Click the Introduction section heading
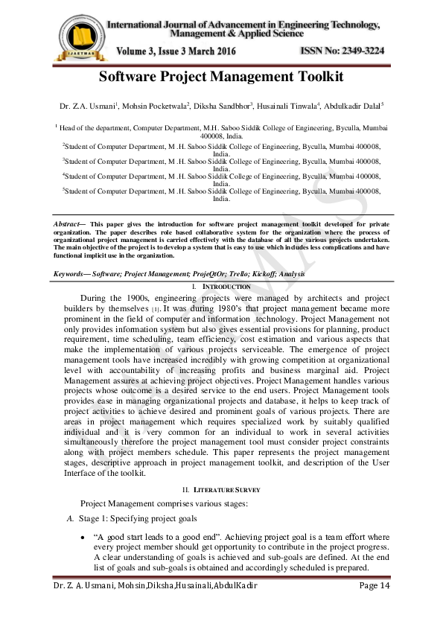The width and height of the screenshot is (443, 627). [x=224, y=287]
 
